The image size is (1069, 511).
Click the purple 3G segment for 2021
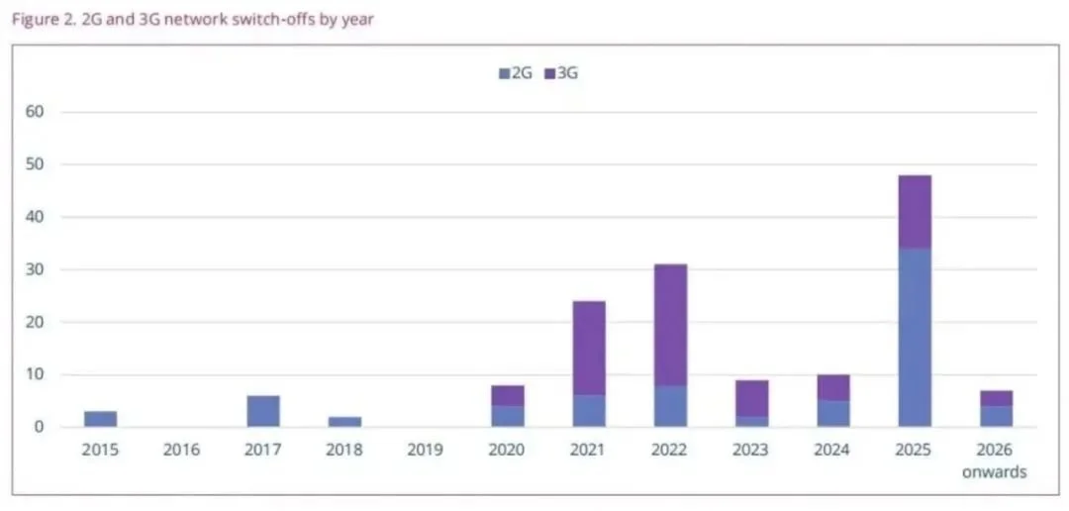coord(588,348)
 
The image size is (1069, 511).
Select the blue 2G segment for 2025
coord(914,338)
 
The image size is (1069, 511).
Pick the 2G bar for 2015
coord(100,419)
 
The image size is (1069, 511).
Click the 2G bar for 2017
coord(262,411)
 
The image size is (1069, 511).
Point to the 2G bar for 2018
coord(343,422)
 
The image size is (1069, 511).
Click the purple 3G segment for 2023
coord(751,398)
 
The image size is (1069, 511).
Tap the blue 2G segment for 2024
coord(832,414)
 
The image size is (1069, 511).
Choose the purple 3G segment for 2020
coord(507,395)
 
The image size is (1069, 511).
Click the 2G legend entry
coord(516,73)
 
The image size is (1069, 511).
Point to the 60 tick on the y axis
coord(36,112)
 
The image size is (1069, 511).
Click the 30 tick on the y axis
coord(36,269)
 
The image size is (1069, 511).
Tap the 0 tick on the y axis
coord(40,427)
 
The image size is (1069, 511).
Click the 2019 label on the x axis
coord(426,451)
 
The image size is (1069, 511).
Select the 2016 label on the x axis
coord(181,451)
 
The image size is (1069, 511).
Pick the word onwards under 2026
coord(994,471)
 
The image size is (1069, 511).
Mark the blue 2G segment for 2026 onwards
coord(995,416)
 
